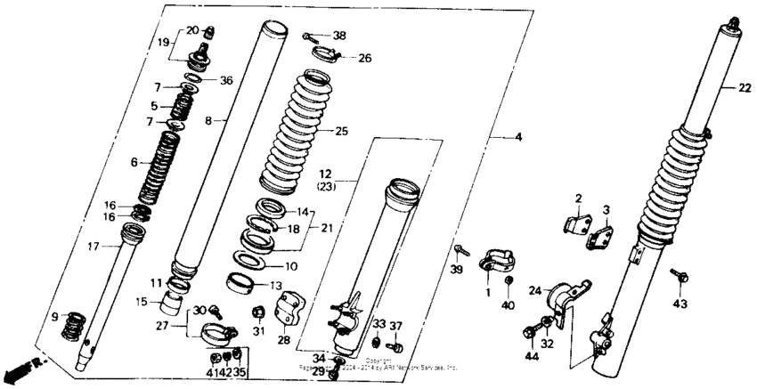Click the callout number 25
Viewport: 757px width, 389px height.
pyautogui.click(x=340, y=131)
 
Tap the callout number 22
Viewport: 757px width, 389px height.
pyautogui.click(x=744, y=87)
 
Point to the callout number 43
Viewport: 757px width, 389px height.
pyautogui.click(x=681, y=304)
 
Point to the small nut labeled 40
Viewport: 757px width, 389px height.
pyautogui.click(x=507, y=283)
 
